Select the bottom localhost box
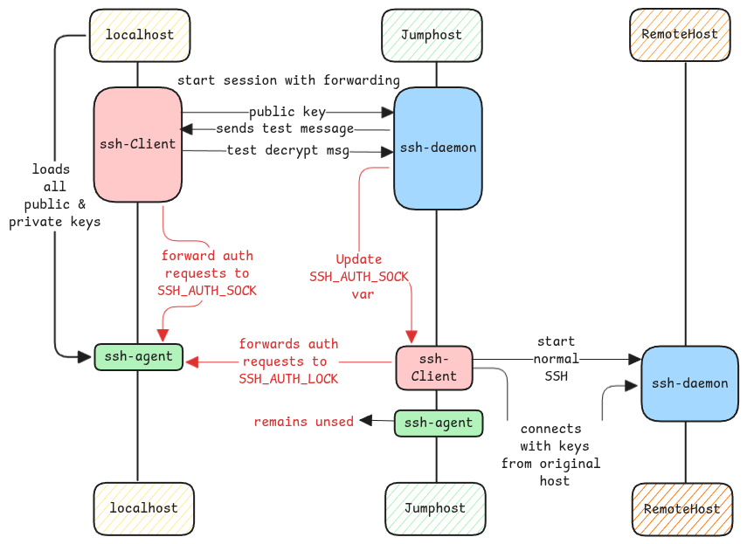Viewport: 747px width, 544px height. [143, 508]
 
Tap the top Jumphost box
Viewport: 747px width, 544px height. [432, 36]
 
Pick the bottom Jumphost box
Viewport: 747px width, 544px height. [435, 508]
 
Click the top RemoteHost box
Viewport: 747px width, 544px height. [680, 35]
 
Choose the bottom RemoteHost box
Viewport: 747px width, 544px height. [682, 509]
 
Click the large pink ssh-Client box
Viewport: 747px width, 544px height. [137, 144]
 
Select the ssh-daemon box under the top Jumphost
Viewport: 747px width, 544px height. [438, 148]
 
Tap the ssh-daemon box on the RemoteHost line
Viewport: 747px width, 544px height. [689, 383]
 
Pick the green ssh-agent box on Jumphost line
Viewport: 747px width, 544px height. [438, 423]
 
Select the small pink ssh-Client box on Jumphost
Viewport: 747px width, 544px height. [434, 368]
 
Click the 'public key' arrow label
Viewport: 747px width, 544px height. [287, 113]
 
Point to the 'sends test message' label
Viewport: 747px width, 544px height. [285, 129]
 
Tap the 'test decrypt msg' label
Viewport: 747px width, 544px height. [288, 151]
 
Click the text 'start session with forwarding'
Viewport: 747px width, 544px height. [288, 80]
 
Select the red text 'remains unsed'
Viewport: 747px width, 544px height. [303, 422]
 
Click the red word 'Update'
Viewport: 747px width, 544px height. [359, 259]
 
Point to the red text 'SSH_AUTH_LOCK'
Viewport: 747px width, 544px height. [288, 378]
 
